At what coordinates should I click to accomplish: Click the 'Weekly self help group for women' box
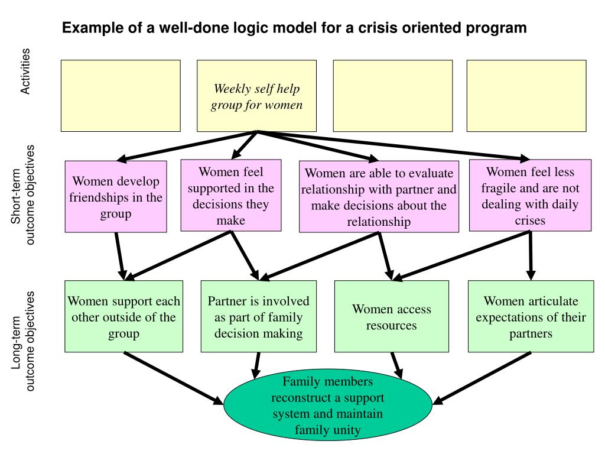[256, 96]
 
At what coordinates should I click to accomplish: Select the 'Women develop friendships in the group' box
[116, 196]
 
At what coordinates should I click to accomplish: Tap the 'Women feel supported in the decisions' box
[231, 195]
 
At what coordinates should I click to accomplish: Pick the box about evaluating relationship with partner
[379, 196]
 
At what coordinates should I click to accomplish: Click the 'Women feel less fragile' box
[530, 195]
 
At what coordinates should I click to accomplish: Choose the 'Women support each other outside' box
[124, 316]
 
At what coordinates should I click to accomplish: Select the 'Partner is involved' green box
[259, 316]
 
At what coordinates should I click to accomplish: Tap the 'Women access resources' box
[392, 316]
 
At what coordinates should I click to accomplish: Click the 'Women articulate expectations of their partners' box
[531, 316]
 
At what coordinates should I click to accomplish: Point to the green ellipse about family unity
[328, 404]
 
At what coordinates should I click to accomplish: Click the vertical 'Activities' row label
[25, 71]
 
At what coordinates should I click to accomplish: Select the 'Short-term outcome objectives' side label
[22, 195]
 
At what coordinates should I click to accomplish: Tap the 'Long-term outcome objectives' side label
[22, 341]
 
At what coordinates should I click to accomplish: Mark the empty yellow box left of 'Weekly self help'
[121, 96]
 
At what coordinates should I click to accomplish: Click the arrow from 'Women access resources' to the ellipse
[397, 365]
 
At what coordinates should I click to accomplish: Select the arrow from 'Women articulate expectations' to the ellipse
[482, 378]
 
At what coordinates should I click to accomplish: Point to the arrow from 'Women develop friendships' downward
[120, 256]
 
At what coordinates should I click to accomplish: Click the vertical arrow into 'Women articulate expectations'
[531, 255]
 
